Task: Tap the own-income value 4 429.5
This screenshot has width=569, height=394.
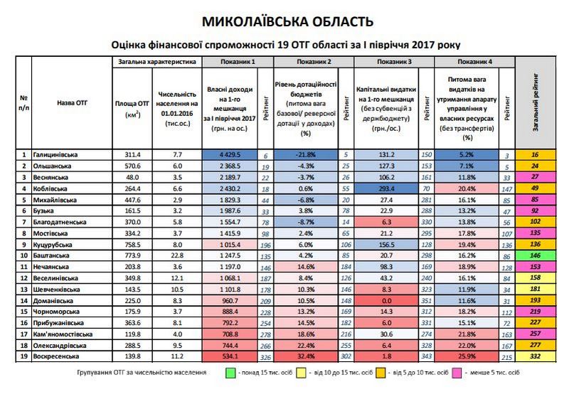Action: point(228,154)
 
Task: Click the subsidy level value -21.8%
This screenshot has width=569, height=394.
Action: point(307,154)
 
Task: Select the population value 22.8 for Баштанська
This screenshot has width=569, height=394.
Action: point(171,255)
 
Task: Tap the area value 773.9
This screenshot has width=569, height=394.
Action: point(133,255)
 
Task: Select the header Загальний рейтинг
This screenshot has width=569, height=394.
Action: point(538,101)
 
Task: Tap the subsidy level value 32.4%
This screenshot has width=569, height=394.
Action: point(307,356)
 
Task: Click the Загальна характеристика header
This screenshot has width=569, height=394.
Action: point(156,63)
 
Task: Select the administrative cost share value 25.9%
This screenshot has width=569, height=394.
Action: point(467,356)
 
